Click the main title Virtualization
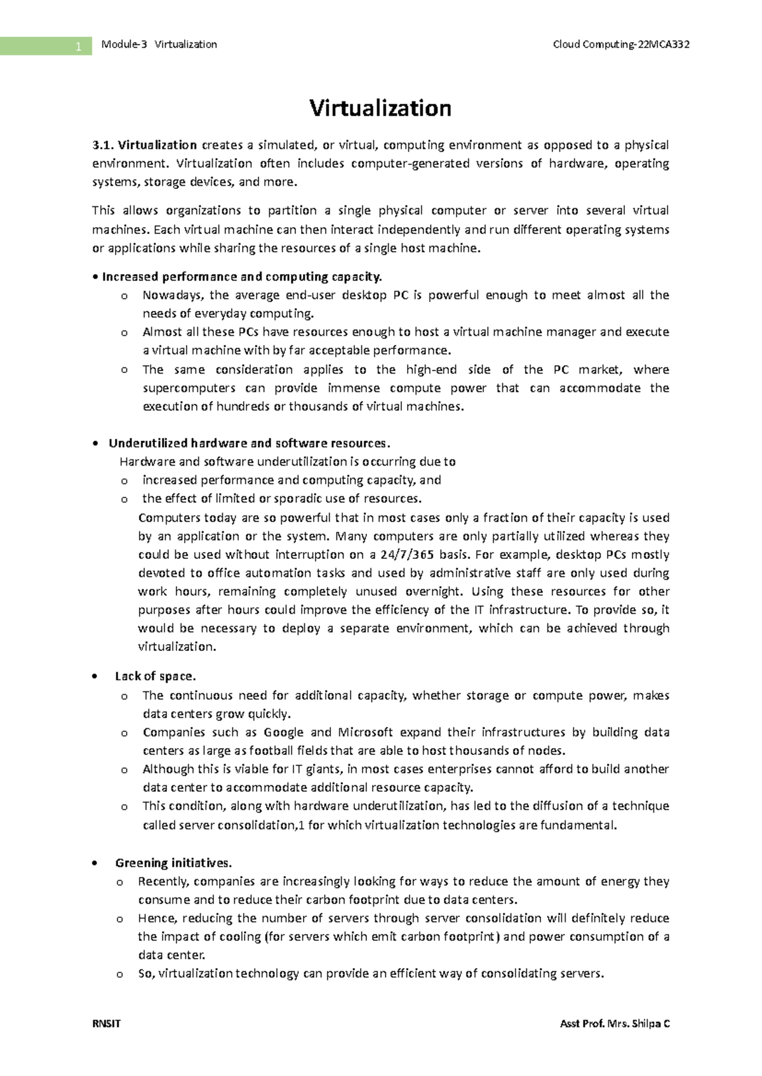[x=380, y=108]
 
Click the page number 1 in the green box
[x=78, y=46]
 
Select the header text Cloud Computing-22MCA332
[x=621, y=44]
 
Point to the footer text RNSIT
[x=106, y=1023]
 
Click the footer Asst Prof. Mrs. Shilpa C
[x=614, y=1023]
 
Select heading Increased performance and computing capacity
[x=242, y=277]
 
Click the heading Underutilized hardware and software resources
[x=249, y=443]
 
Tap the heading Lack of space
[x=155, y=676]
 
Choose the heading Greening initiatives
[x=173, y=863]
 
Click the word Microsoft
[x=365, y=732]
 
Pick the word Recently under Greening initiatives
[x=163, y=881]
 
